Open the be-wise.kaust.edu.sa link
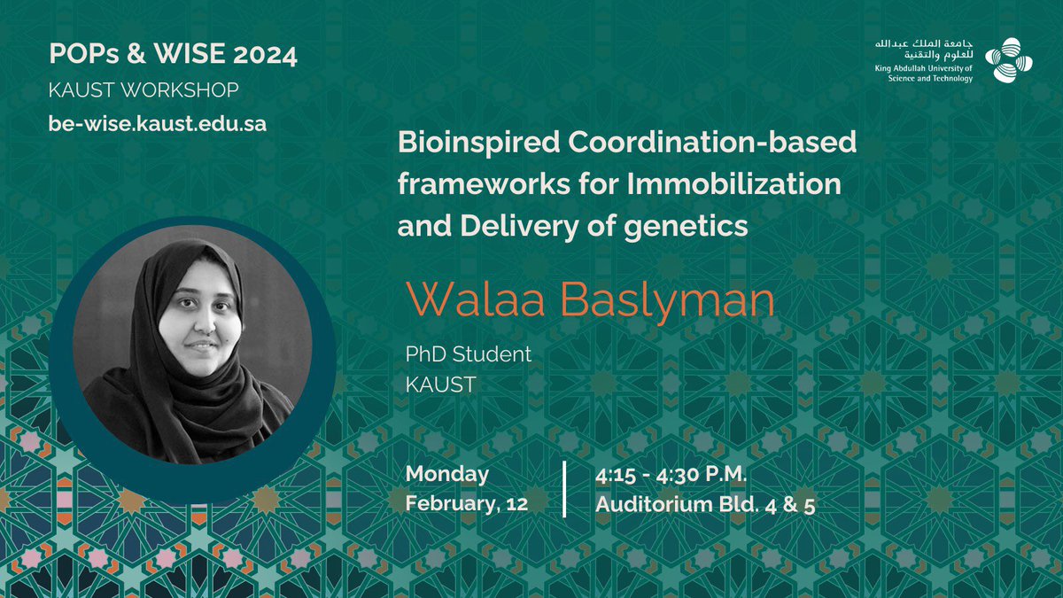click(x=158, y=123)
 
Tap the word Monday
click(x=447, y=474)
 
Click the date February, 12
click(x=466, y=505)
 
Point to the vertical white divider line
click(x=565, y=489)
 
